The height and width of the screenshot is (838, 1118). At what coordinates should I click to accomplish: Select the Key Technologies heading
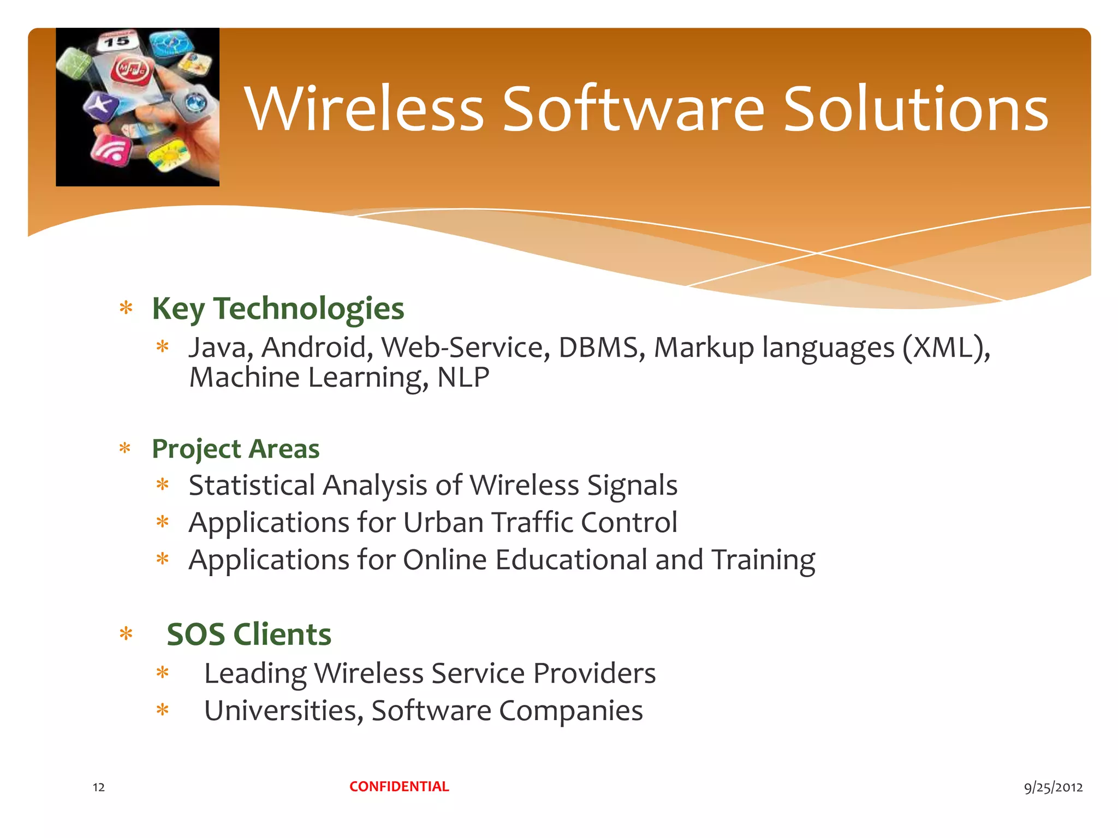278,308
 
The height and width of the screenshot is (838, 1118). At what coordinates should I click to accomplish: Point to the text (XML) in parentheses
946,348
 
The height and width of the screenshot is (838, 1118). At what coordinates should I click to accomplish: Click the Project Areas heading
235,448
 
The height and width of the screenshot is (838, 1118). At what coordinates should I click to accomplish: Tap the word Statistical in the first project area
252,485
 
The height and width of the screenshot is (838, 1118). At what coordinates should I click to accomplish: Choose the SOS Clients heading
248,634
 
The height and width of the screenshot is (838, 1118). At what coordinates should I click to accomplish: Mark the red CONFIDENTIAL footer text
399,786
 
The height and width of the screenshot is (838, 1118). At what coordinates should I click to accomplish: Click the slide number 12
99,787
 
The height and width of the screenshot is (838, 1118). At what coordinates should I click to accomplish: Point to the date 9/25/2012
1053,787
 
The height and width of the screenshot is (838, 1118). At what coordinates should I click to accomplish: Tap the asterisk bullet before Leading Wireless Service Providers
163,673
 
